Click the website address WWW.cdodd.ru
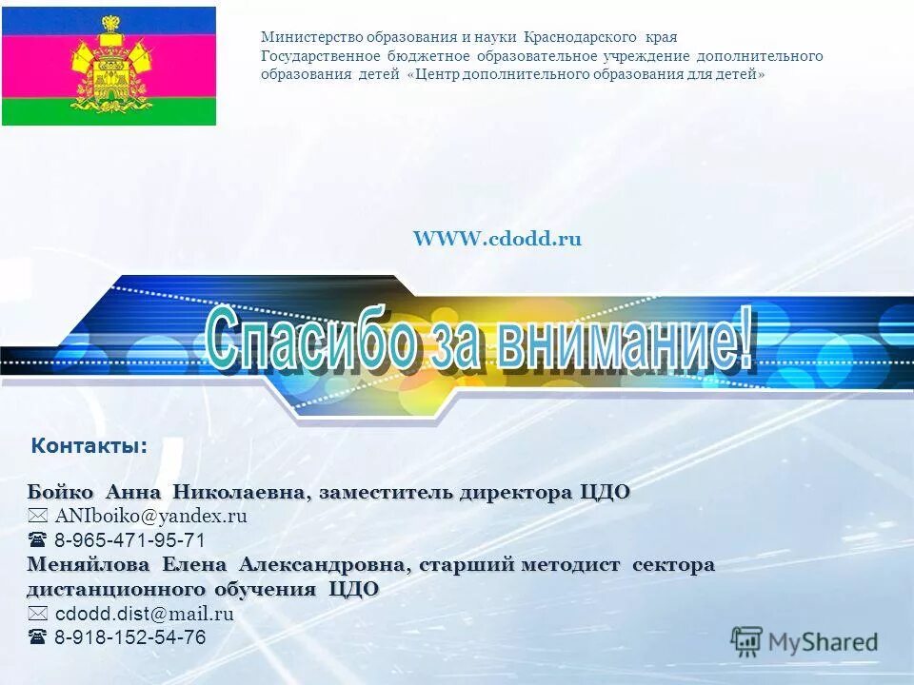pos(497,240)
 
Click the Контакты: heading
pos(89,445)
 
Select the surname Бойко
pos(61,493)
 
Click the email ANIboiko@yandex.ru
pos(150,517)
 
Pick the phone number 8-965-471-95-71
pos(129,540)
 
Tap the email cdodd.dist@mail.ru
pos(144,614)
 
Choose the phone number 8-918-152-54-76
pos(129,637)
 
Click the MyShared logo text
pos(823,642)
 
